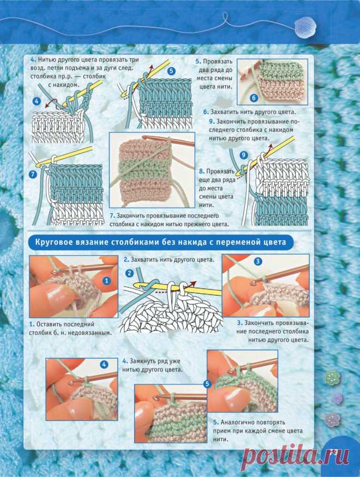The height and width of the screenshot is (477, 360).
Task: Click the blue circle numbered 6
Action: point(254,98)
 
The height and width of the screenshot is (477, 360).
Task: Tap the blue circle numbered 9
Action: point(243,155)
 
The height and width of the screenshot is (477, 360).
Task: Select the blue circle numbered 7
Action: point(33,174)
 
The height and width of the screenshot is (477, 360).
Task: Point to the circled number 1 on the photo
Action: point(106,281)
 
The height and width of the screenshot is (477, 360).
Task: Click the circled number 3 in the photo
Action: point(258,261)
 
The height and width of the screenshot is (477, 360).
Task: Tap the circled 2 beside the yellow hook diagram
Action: point(129,273)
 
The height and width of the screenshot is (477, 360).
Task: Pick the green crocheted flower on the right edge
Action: point(331,378)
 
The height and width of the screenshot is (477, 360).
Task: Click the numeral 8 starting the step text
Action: point(201,172)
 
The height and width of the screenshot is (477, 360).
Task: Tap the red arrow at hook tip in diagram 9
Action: point(269,148)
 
